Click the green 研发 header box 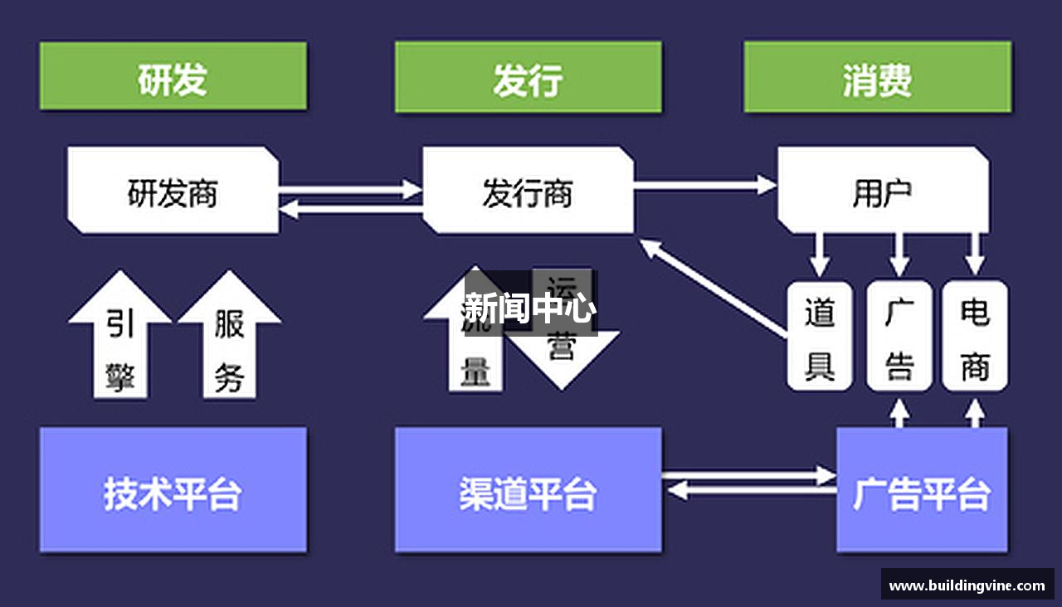pyautogui.click(x=173, y=76)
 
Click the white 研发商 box pyautogui.click(x=173, y=190)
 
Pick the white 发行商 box pyautogui.click(x=528, y=190)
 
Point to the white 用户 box pyautogui.click(x=882, y=190)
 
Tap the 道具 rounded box pyautogui.click(x=820, y=336)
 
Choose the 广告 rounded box pyautogui.click(x=899, y=336)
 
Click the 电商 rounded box pyautogui.click(x=975, y=336)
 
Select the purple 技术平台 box pyautogui.click(x=173, y=490)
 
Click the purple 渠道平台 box pyautogui.click(x=528, y=490)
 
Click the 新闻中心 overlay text pyautogui.click(x=529, y=308)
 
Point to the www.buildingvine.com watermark pyautogui.click(x=967, y=585)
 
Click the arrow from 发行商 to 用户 pyautogui.click(x=705, y=185)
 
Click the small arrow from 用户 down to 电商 pyautogui.click(x=976, y=254)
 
